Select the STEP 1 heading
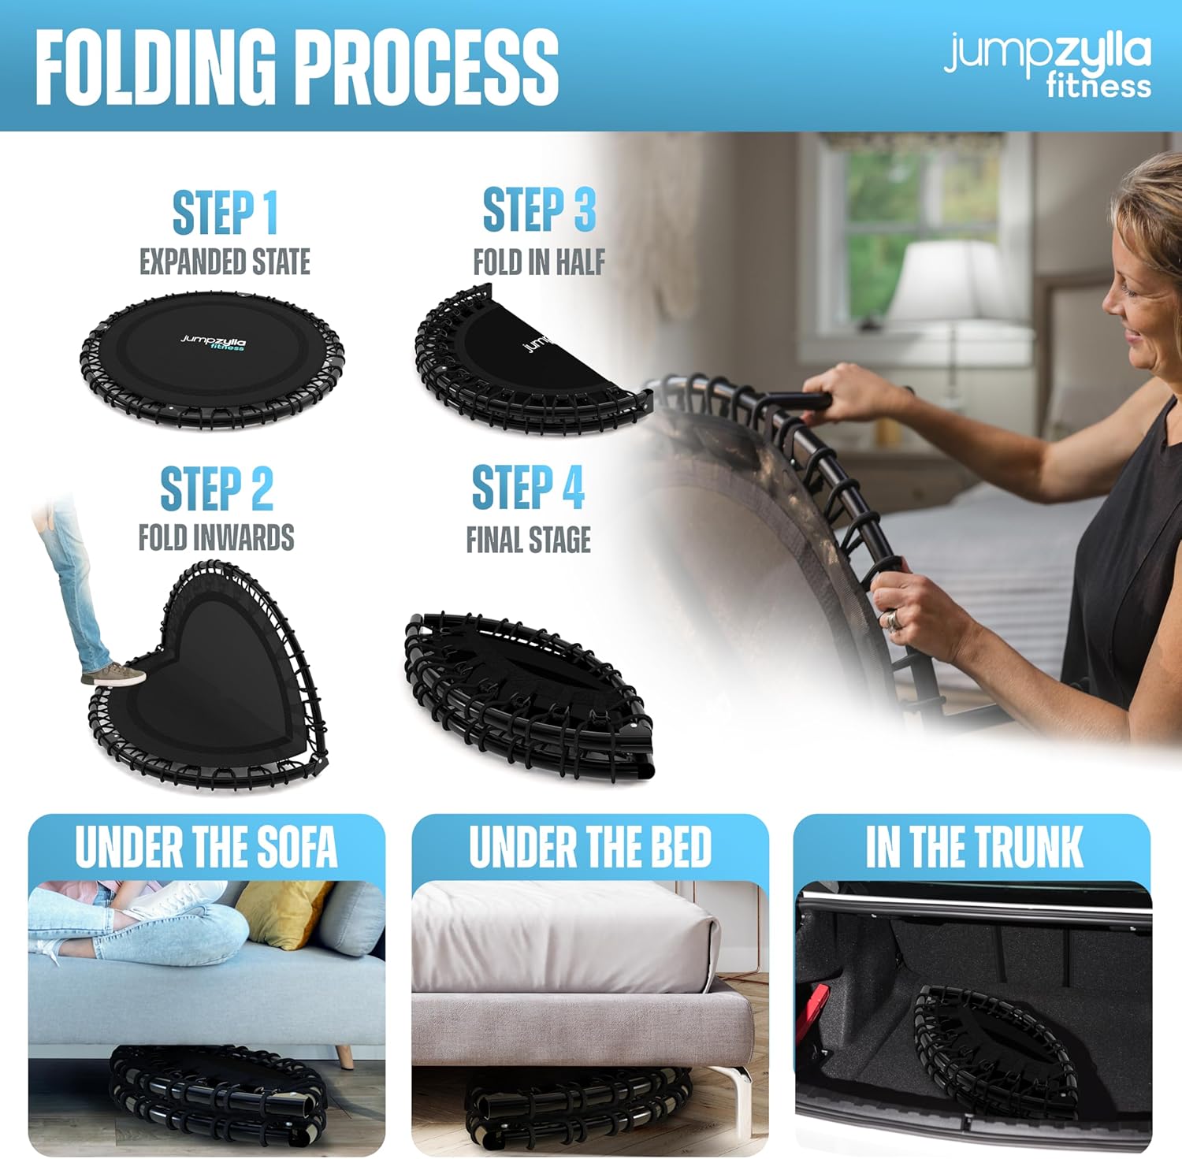point(225,213)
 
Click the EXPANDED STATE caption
point(225,262)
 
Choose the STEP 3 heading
point(539,210)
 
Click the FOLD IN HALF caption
point(539,262)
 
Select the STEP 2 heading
point(217,488)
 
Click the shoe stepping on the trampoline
point(113,674)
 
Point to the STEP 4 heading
point(528,488)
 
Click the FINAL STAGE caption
point(529,540)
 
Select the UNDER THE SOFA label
point(206,847)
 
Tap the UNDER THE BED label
point(590,847)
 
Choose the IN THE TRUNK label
point(975,847)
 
